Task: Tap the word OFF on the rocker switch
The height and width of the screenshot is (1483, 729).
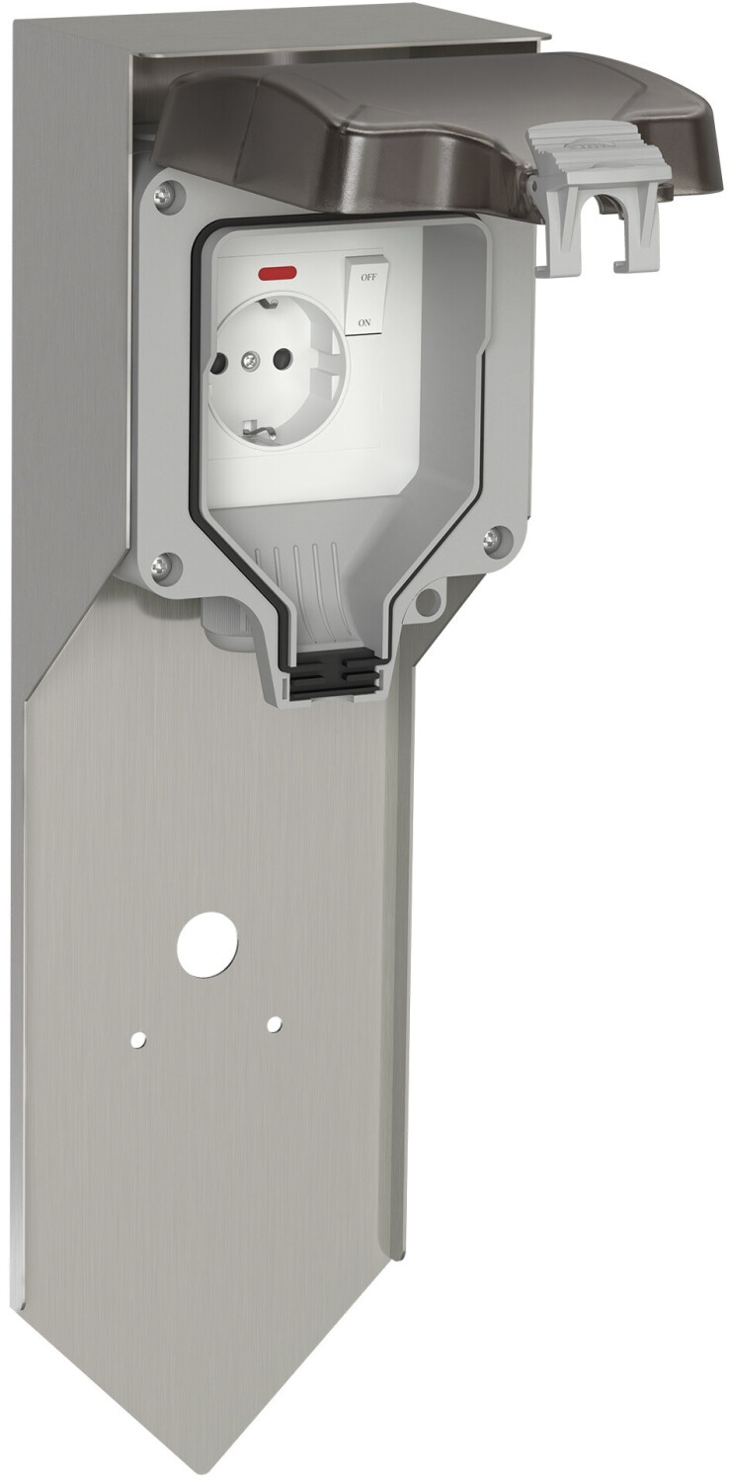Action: (368, 278)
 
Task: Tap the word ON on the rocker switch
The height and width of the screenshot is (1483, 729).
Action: (364, 323)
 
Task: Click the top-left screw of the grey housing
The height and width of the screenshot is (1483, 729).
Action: (165, 195)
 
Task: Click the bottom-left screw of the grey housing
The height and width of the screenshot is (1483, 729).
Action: (161, 567)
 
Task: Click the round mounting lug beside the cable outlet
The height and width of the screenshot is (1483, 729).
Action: (429, 600)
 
